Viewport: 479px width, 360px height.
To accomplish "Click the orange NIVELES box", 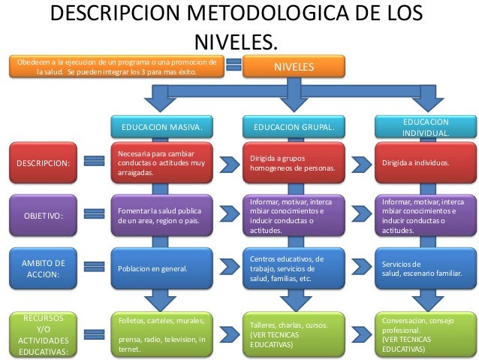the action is pos(294,66).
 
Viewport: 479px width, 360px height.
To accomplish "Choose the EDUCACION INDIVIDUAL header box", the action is pos(426,127).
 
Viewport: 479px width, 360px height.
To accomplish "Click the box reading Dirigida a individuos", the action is pos(426,162).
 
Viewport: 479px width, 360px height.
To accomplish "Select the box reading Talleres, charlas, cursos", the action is pos(294,334).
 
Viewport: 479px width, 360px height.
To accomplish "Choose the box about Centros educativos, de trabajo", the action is pos(294,268).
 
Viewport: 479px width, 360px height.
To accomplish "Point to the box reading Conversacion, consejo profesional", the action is pos(426,334).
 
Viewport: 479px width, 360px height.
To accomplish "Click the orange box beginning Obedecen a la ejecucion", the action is pos(118,66).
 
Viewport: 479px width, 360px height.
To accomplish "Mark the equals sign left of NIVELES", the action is pos(233,66).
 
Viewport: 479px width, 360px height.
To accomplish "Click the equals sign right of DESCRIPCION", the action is pos(95,162).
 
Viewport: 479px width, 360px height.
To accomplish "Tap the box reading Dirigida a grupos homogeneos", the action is pos(294,162).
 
